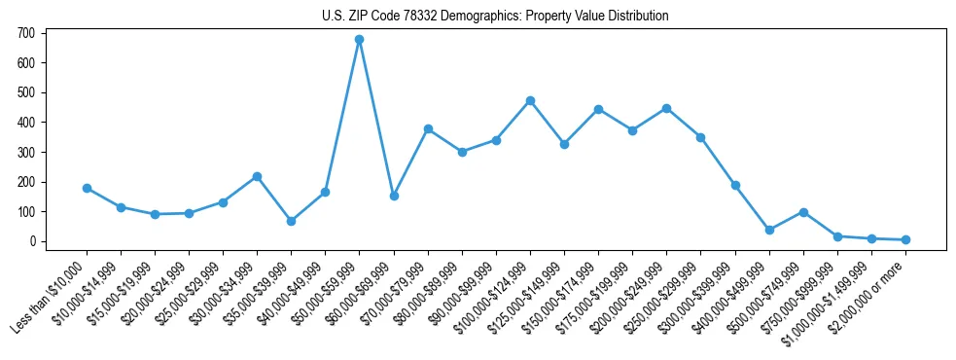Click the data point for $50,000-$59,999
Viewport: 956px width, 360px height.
point(360,39)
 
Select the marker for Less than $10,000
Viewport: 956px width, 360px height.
point(87,188)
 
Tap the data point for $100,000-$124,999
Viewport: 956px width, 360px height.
point(530,100)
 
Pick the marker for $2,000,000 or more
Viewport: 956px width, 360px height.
point(905,239)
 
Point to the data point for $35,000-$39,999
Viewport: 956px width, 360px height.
point(291,221)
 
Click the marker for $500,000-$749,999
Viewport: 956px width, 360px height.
point(803,212)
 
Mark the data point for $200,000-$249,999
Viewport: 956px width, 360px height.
point(666,108)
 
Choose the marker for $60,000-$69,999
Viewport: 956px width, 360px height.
point(394,196)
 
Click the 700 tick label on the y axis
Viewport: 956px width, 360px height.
point(26,33)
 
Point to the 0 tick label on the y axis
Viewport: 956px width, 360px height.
point(32,241)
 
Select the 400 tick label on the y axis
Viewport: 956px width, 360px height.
point(26,123)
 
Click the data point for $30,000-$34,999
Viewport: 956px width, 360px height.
point(257,176)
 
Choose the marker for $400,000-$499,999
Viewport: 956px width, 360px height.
point(769,230)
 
